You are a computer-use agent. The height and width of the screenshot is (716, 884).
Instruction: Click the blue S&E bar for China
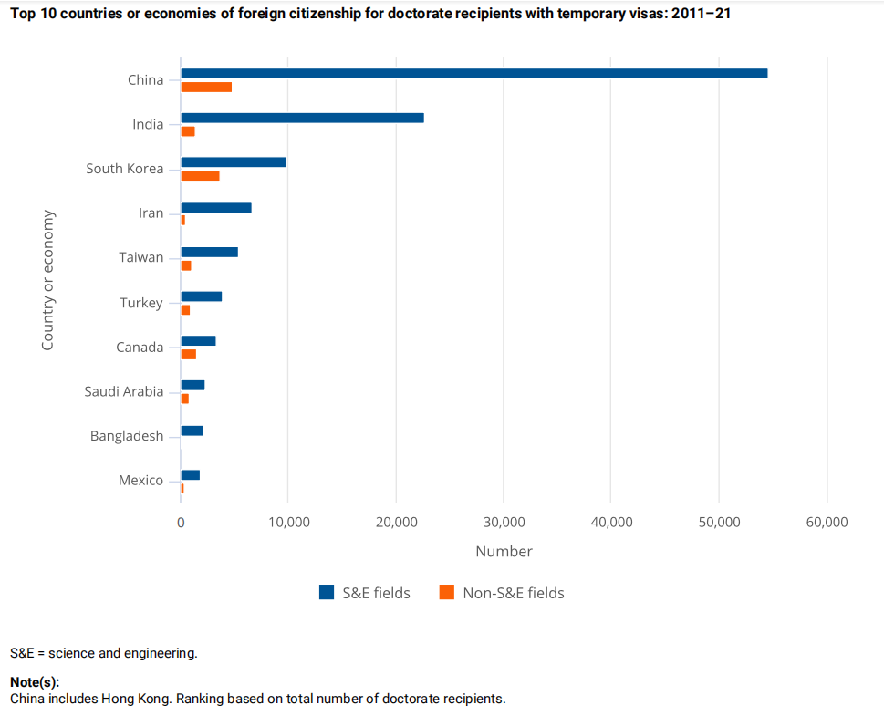[x=474, y=74]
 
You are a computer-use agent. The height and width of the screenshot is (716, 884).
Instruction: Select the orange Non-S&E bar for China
[x=206, y=87]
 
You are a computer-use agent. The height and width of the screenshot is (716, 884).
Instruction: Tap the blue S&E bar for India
[x=302, y=118]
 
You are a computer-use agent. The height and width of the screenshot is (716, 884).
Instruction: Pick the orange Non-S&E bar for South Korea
[x=200, y=176]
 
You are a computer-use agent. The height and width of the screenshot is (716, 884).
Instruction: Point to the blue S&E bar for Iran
[x=216, y=207]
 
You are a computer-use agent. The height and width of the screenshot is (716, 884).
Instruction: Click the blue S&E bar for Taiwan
[x=209, y=252]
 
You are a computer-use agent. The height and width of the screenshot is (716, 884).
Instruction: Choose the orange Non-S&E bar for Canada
[x=189, y=354]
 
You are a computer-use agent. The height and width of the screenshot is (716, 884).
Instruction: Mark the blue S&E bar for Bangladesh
[x=192, y=431]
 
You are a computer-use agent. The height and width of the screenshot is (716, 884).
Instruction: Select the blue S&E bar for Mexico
[x=190, y=475]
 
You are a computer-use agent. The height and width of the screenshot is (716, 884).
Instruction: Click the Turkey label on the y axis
[x=141, y=302]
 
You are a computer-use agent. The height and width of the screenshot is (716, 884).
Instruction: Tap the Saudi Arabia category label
[x=124, y=391]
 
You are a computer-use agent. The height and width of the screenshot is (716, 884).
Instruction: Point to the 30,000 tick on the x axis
[x=504, y=523]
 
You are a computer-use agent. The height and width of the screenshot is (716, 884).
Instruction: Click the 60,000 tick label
[x=827, y=523]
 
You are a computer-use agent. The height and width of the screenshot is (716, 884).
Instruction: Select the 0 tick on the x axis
[x=181, y=523]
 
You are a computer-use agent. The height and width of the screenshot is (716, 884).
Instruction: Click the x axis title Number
[x=504, y=552]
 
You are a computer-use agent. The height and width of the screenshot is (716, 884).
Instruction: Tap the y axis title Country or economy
[x=48, y=280]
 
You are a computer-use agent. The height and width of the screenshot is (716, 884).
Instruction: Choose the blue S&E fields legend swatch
[x=327, y=593]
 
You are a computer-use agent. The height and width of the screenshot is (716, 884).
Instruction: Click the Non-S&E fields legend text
[x=514, y=593]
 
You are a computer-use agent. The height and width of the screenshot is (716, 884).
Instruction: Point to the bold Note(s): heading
[x=35, y=682]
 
